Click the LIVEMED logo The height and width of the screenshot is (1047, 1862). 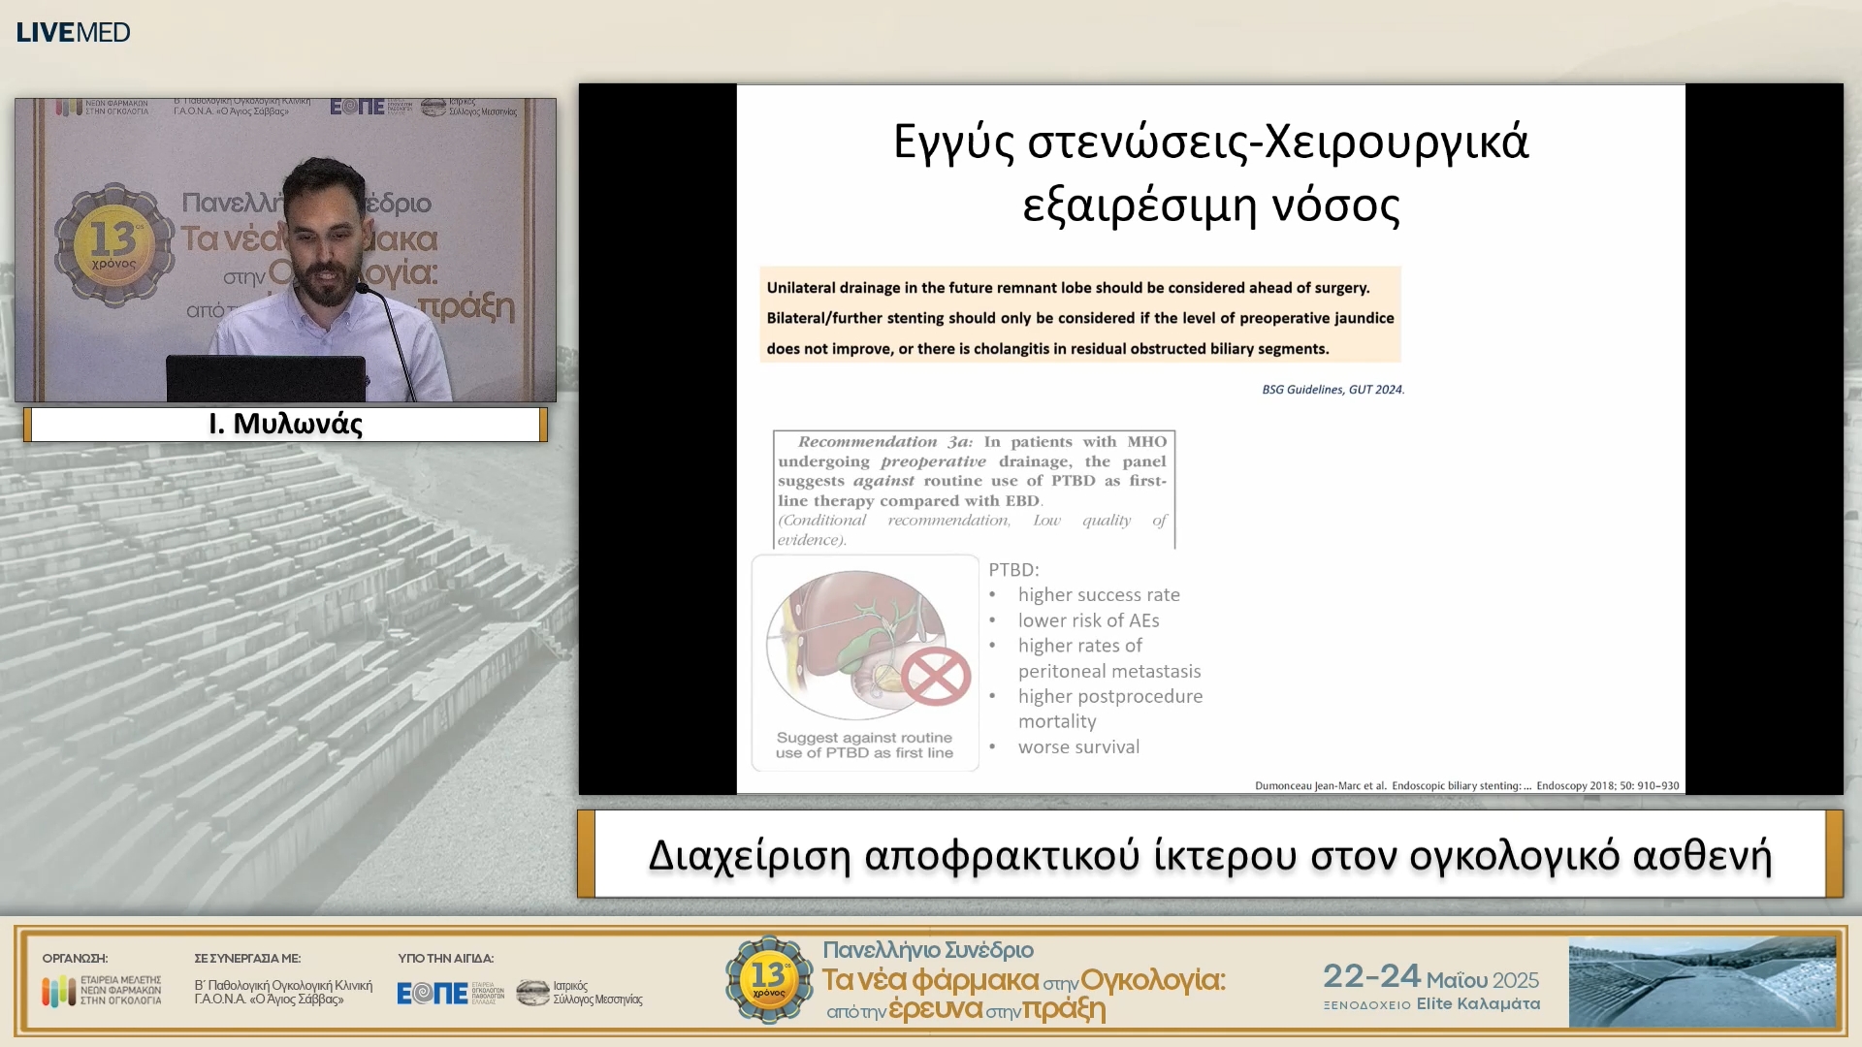pos(73,32)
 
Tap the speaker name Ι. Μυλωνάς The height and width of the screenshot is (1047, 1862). pos(285,425)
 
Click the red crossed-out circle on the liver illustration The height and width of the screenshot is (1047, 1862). pos(936,676)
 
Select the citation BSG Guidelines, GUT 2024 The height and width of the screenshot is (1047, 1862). pos(1332,390)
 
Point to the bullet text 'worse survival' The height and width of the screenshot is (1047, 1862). pos(1078,747)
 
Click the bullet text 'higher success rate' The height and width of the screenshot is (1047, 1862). pos(1099,595)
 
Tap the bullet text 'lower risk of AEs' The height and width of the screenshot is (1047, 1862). pos(1088,620)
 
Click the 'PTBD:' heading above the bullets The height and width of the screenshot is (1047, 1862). pos(1013,570)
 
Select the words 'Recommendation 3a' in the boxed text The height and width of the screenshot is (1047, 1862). pos(883,442)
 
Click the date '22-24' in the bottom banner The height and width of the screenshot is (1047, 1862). pos(1371,976)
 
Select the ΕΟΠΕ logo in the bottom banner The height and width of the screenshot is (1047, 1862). pos(433,993)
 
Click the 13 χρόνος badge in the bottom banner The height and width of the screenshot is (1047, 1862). pos(769,979)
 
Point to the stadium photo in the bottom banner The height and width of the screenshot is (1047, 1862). pos(1702,982)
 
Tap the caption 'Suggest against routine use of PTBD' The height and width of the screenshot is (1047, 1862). pos(864,746)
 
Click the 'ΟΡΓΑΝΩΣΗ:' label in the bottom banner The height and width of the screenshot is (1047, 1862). pos(75,959)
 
